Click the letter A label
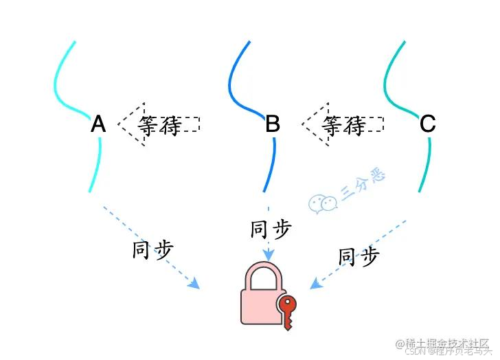click(x=98, y=124)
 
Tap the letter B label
click(x=273, y=124)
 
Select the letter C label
click(x=427, y=124)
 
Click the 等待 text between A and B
click(x=159, y=125)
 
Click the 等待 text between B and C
click(x=343, y=125)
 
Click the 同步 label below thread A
click(x=152, y=249)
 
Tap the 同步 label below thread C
click(x=359, y=257)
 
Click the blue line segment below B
click(x=271, y=165)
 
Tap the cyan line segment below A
click(x=96, y=165)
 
